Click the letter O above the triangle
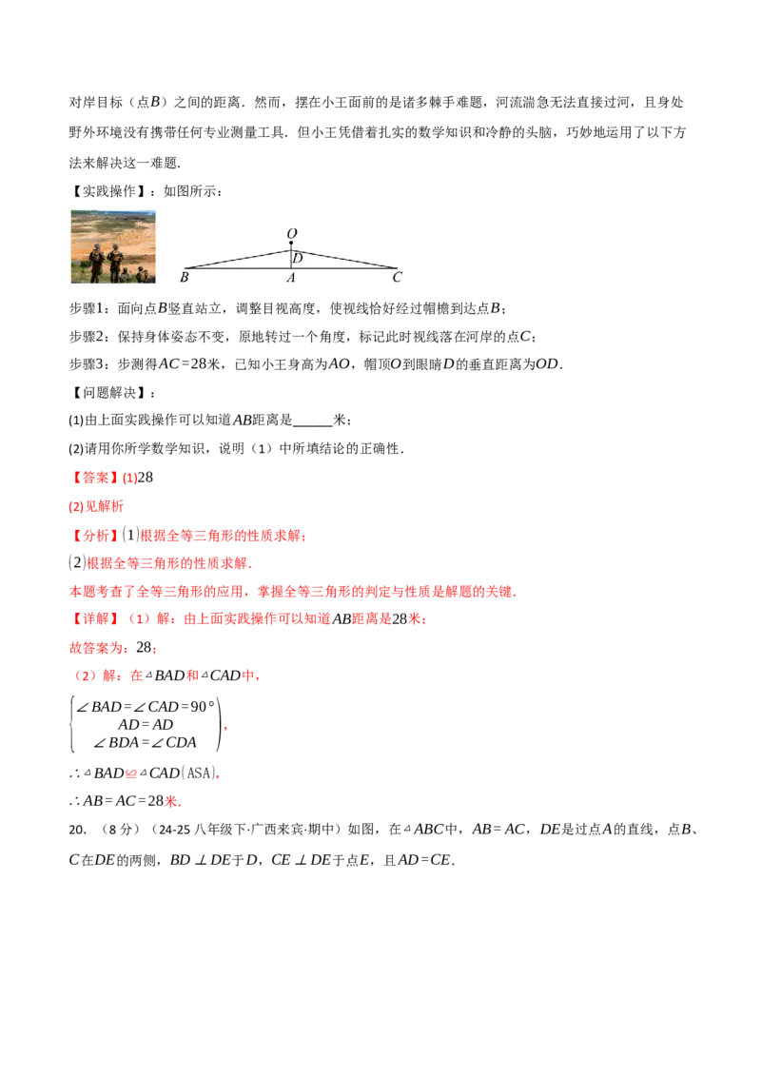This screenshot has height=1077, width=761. click(x=291, y=233)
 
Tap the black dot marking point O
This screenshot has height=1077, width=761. click(x=291, y=245)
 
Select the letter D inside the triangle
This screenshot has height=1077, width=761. click(x=298, y=258)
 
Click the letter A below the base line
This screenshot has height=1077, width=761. click(x=291, y=278)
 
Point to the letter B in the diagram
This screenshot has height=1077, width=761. click(x=184, y=278)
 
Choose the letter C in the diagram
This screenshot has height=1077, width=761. click(x=398, y=278)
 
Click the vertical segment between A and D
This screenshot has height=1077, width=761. click(x=291, y=260)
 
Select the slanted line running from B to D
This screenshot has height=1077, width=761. click(x=238, y=260)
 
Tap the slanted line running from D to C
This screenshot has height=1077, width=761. click(x=344, y=259)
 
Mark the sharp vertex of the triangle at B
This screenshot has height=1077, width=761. click(x=185, y=268)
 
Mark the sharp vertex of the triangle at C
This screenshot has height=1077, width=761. click(x=397, y=268)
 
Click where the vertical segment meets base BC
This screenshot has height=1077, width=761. click(x=291, y=268)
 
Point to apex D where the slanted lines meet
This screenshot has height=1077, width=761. click(x=291, y=250)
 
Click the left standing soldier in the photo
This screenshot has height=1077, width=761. click(x=96, y=262)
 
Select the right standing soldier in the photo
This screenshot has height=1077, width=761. click(x=116, y=262)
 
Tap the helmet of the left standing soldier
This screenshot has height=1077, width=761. click(x=96, y=247)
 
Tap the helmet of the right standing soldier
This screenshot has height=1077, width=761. click(x=116, y=247)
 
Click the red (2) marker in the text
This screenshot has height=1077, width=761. click(x=83, y=676)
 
